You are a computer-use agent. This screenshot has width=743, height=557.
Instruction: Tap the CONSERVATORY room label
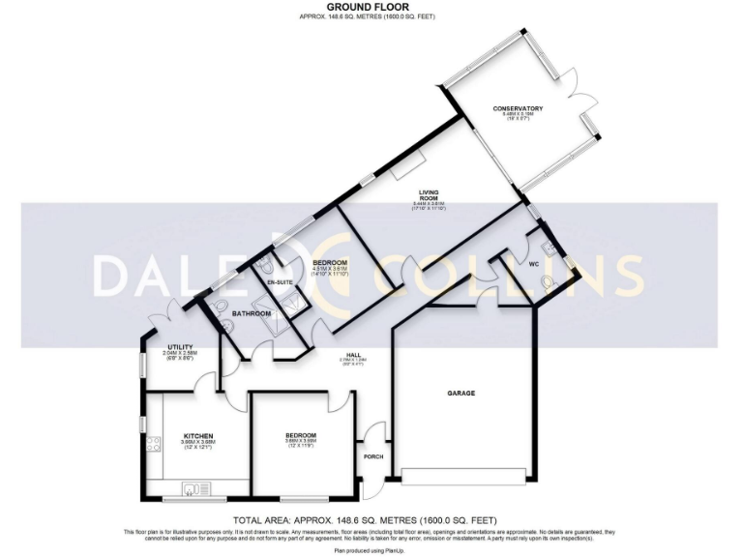pyautogui.click(x=518, y=108)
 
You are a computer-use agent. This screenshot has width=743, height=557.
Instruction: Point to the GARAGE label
pyautogui.click(x=461, y=394)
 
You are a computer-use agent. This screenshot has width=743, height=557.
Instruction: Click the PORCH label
pyautogui.click(x=374, y=456)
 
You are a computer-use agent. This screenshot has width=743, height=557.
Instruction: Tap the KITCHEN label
pyautogui.click(x=198, y=436)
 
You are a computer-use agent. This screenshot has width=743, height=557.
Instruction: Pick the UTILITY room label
pyautogui.click(x=181, y=346)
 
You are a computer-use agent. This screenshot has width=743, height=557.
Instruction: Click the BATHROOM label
pyautogui.click(x=252, y=314)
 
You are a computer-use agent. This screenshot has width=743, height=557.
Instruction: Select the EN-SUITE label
pyautogui.click(x=280, y=281)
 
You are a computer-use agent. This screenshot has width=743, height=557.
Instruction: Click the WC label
pyautogui.click(x=533, y=262)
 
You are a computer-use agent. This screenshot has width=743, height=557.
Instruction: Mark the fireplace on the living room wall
pyautogui.click(x=406, y=165)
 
